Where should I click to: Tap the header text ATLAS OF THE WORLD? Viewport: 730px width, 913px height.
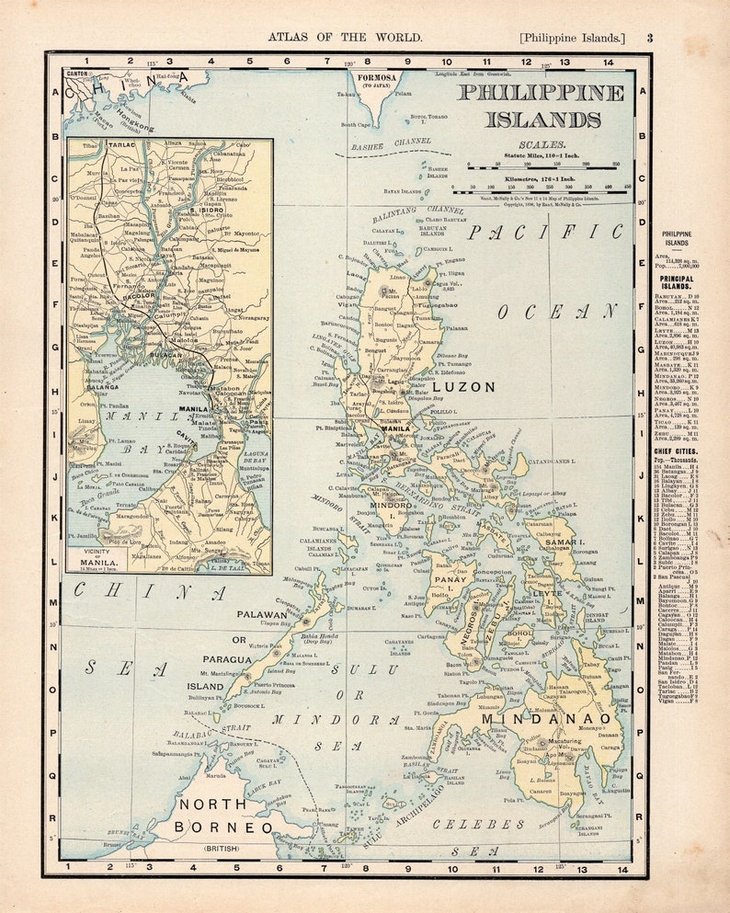tap(345, 38)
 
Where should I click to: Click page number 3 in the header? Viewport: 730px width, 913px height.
tap(649, 38)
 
